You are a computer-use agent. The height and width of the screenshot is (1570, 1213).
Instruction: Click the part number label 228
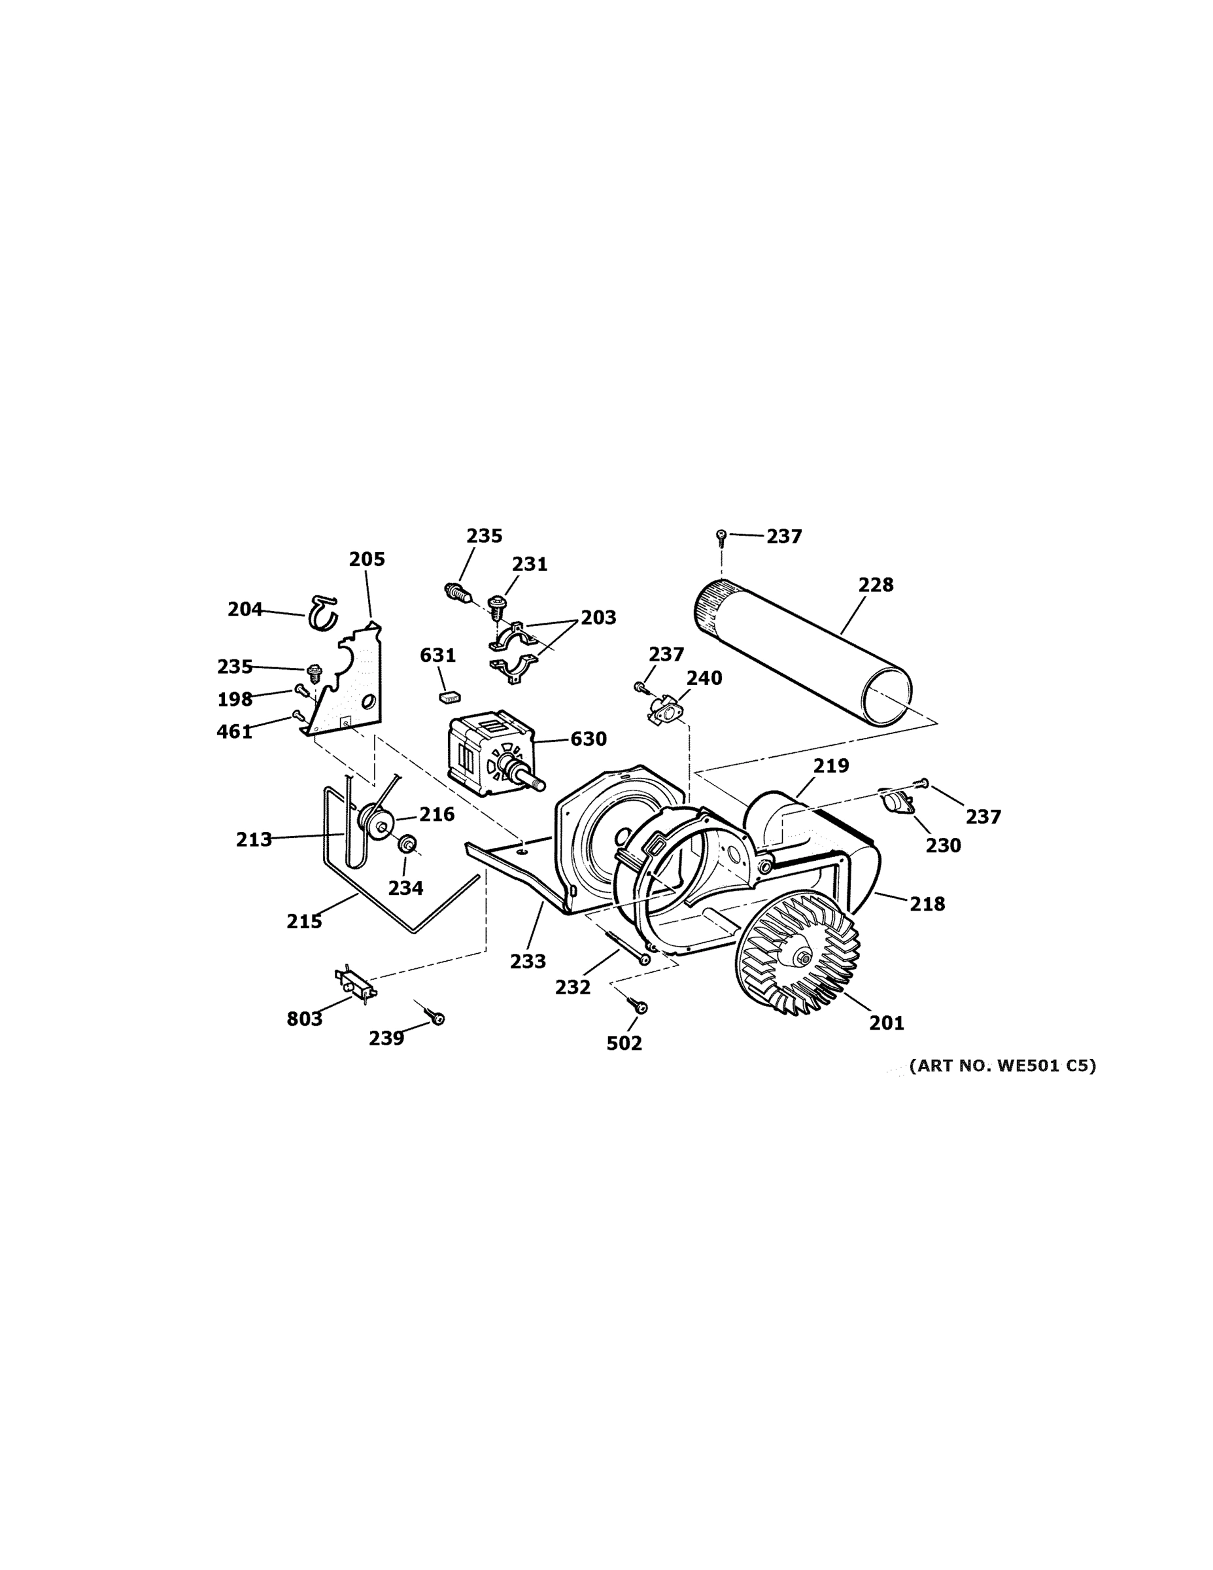pyautogui.click(x=876, y=585)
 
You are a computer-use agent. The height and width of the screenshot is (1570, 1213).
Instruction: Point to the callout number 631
pyautogui.click(x=437, y=655)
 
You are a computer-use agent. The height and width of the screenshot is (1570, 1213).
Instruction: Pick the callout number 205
pyautogui.click(x=367, y=559)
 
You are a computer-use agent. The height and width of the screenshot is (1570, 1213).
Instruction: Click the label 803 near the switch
pyautogui.click(x=305, y=1019)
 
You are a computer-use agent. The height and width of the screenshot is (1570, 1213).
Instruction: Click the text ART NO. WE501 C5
pyautogui.click(x=1002, y=1066)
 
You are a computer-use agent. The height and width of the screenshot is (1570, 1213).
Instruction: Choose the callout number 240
pyautogui.click(x=704, y=678)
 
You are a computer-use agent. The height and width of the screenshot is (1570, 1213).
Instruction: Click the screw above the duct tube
pyautogui.click(x=721, y=535)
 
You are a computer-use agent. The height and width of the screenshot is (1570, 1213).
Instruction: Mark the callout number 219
pyautogui.click(x=830, y=765)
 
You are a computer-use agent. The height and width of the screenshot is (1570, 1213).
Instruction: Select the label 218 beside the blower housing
pyautogui.click(x=927, y=903)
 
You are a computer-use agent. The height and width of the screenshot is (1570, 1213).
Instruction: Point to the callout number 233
pyautogui.click(x=528, y=961)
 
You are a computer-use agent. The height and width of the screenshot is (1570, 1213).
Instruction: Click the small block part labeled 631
pyautogui.click(x=449, y=696)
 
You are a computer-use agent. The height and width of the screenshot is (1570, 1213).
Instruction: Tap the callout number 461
pyautogui.click(x=235, y=732)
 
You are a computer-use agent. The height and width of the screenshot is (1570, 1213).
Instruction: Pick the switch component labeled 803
pyautogui.click(x=356, y=981)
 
